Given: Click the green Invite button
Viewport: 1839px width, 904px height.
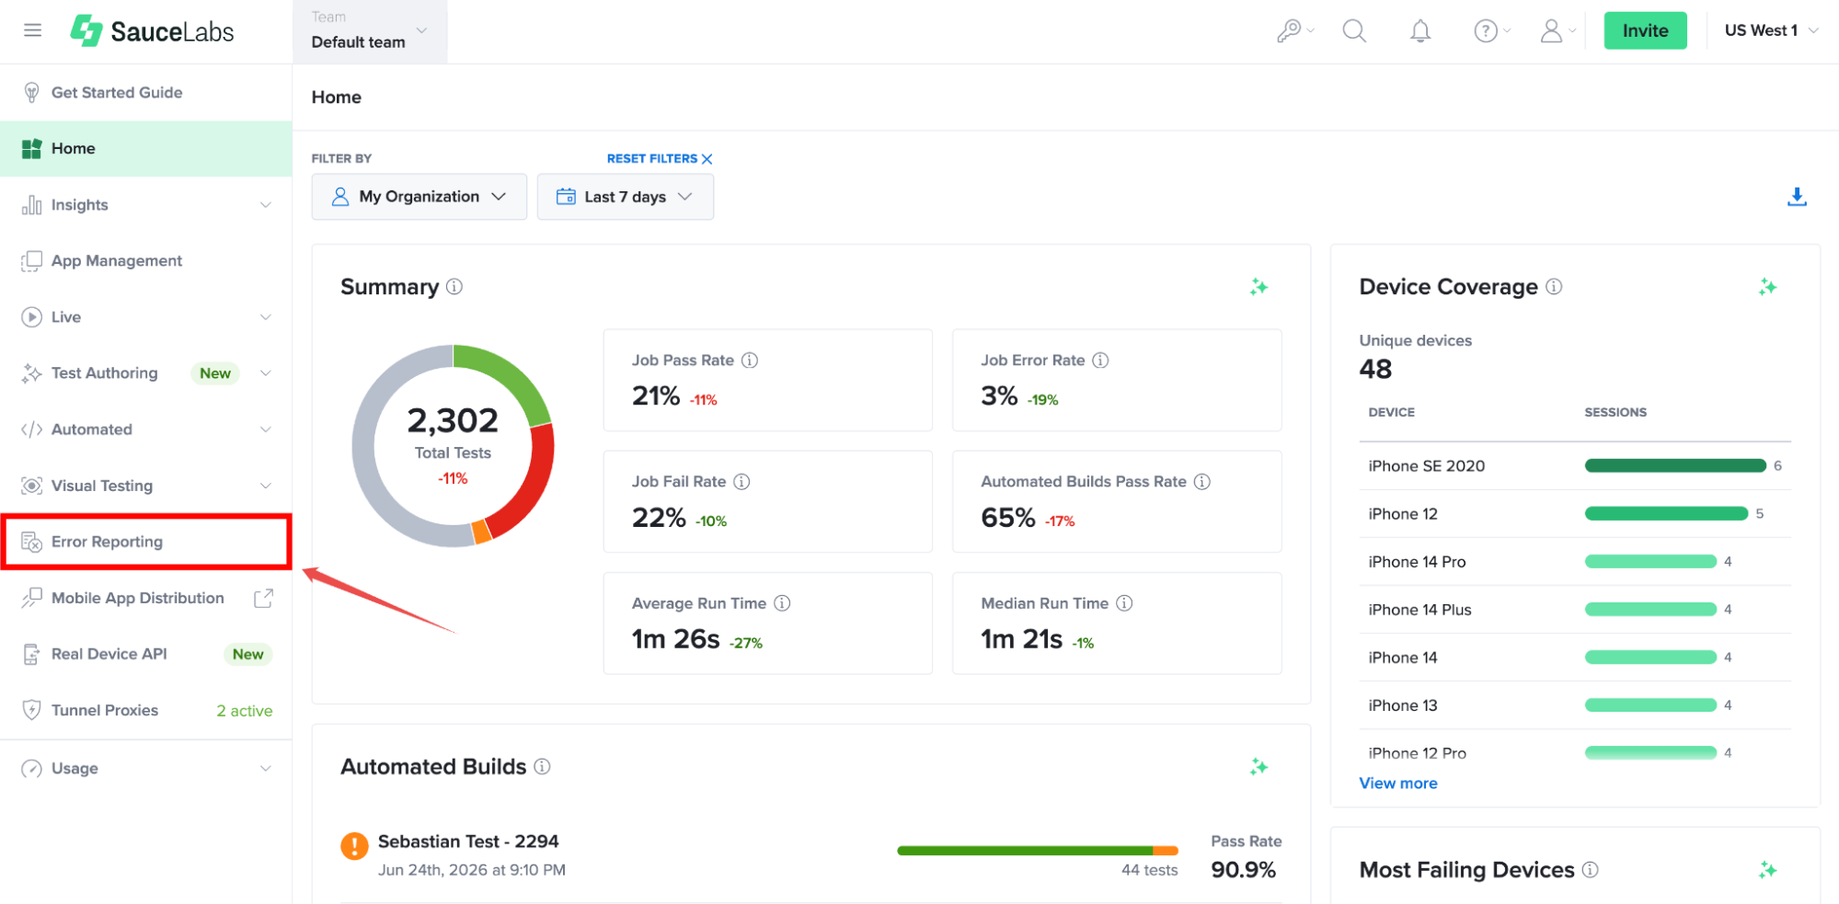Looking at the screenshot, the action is pos(1645,30).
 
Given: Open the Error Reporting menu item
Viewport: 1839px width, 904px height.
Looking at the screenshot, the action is pos(107,542).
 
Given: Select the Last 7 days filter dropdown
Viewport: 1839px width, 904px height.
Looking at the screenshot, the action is pos(625,197).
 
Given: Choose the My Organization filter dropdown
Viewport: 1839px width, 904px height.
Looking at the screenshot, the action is pos(419,197).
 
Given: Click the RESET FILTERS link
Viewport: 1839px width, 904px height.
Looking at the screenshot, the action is pos(660,158).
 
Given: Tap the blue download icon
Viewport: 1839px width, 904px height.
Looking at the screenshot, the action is pos(1797,197).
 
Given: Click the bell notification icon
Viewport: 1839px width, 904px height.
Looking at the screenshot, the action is pos(1420,31).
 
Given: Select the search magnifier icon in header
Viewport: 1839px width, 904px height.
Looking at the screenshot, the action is pos(1354,31).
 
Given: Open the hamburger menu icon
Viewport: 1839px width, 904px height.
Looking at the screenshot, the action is pos(33,30).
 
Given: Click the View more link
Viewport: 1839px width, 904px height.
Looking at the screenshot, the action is pos(1398,783).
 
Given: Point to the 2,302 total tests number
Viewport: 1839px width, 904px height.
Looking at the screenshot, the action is pos(453,420).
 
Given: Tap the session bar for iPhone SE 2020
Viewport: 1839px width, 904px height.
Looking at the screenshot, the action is pos(1674,465).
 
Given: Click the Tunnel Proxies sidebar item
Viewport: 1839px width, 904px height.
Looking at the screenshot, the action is pos(105,710).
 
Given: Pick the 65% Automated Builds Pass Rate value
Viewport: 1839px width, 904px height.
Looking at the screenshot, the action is pos(1008,518).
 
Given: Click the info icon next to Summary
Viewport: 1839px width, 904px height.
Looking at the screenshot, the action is pos(454,287).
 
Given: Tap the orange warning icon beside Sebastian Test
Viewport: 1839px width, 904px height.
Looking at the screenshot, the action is pos(354,846).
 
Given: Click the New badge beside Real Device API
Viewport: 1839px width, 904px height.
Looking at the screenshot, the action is pos(247,654).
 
